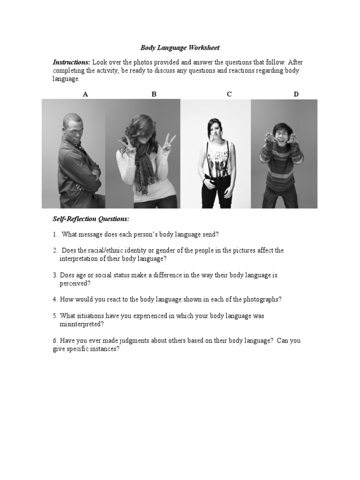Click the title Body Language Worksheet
point(180,48)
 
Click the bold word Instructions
point(71,62)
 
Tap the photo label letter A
point(85,94)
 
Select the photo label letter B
point(154,94)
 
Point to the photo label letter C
point(229,94)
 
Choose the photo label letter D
point(296,94)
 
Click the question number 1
point(55,234)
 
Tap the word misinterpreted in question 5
point(81,324)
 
